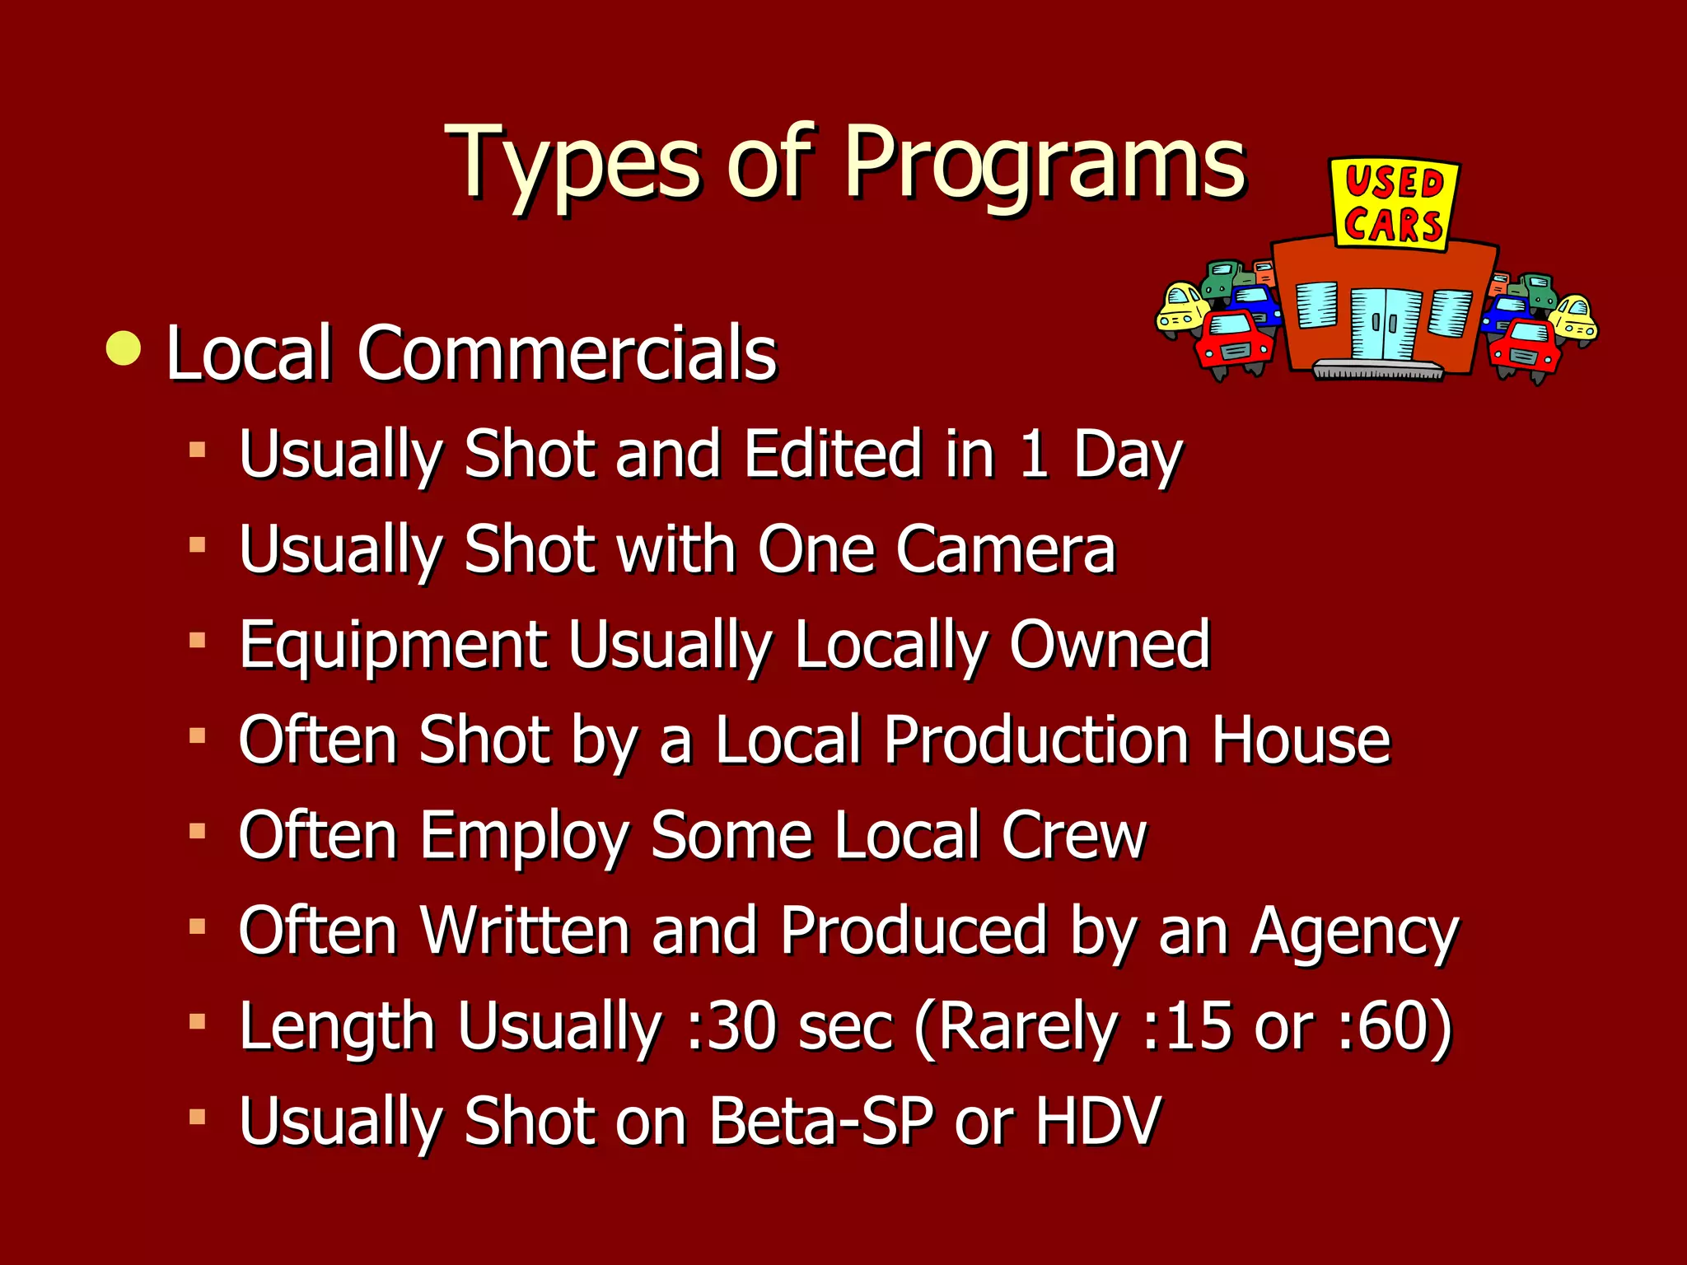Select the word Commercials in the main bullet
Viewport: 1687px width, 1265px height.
coord(567,354)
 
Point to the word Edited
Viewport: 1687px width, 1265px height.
coord(833,454)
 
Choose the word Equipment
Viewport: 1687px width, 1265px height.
coord(393,646)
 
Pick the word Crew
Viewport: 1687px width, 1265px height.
coord(1073,835)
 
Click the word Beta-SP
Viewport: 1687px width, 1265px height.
coord(821,1121)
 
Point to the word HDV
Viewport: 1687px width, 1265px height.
coord(1098,1121)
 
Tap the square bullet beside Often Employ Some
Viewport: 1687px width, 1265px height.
coord(197,832)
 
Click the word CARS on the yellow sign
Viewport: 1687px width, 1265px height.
coord(1393,225)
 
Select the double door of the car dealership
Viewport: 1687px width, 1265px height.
coord(1386,324)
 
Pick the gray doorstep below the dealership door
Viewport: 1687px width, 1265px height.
coord(1377,370)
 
